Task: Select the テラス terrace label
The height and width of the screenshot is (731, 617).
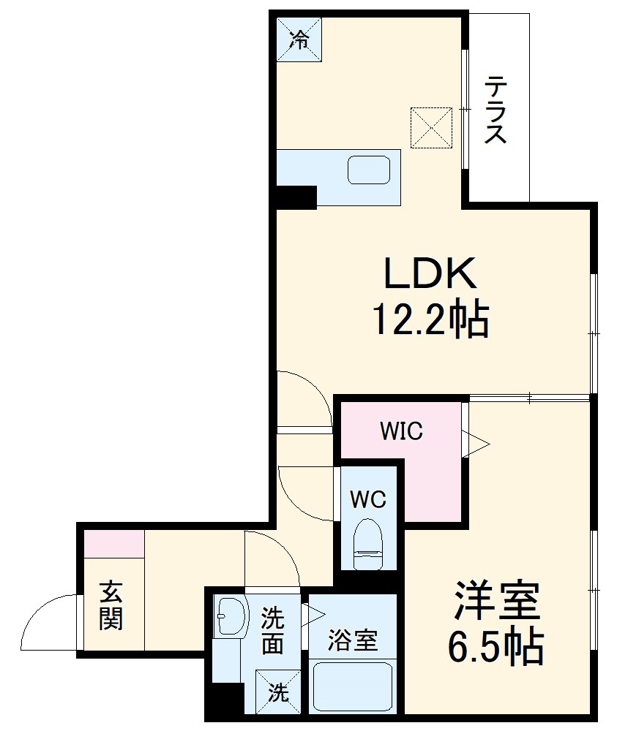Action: pyautogui.click(x=496, y=110)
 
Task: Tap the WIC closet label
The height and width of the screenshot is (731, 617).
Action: pyautogui.click(x=401, y=431)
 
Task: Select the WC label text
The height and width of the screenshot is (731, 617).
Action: pyautogui.click(x=367, y=499)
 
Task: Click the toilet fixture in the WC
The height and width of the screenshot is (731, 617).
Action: pyautogui.click(x=367, y=545)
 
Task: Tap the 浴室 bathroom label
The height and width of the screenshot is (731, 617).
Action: pyautogui.click(x=352, y=641)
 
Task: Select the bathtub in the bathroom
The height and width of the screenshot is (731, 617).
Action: pyautogui.click(x=352, y=686)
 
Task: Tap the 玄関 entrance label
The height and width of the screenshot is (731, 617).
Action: pyautogui.click(x=111, y=605)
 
